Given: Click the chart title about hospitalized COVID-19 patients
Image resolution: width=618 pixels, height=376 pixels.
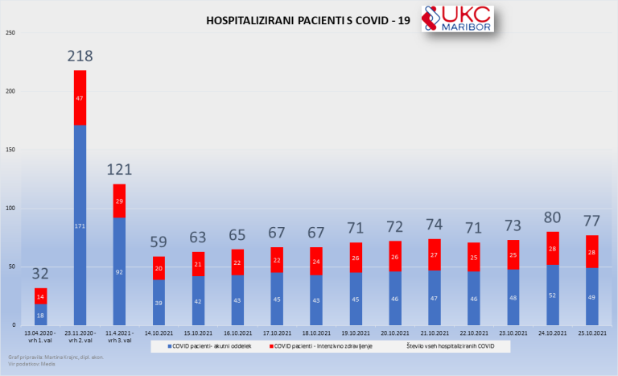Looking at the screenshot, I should (309, 20).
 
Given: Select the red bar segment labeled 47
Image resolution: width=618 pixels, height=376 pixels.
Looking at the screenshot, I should (80, 97).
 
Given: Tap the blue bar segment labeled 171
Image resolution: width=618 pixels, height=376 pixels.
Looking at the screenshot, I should (80, 225).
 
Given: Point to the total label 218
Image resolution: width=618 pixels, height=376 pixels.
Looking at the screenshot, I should (80, 56).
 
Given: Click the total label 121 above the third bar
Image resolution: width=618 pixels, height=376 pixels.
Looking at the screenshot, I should (120, 170).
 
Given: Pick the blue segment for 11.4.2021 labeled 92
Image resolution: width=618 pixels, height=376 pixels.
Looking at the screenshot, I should (120, 271).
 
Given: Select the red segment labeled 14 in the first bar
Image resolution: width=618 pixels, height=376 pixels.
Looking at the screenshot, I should (40, 296).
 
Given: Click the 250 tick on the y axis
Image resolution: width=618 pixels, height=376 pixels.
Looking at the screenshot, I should (10, 33).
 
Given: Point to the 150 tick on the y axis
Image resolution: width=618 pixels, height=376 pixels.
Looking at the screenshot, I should (10, 150).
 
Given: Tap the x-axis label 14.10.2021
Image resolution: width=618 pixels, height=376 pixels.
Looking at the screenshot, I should (159, 333).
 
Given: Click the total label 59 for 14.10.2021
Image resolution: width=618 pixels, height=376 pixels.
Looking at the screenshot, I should (159, 242).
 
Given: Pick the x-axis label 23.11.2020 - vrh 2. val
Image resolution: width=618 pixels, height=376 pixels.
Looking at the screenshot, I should (80, 336).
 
